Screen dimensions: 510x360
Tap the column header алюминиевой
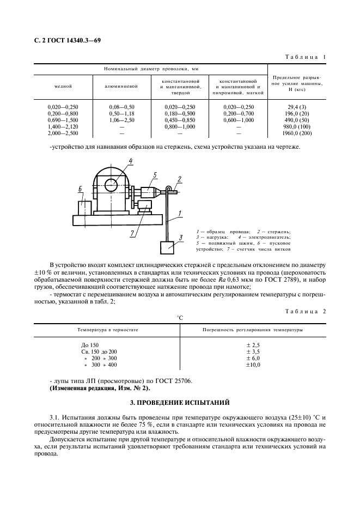pyautogui.click(x=121, y=86)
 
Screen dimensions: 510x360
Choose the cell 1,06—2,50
pyautogui.click(x=121, y=120)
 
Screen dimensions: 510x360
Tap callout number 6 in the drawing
pyautogui.click(x=80, y=189)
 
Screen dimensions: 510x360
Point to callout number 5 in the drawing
pyautogui.click(x=155, y=175)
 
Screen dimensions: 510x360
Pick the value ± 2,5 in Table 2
pyautogui.click(x=253, y=345)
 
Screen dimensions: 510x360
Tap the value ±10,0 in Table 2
pyautogui.click(x=253, y=365)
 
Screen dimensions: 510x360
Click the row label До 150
pyautogui.click(x=89, y=345)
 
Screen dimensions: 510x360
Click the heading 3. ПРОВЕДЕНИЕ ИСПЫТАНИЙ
pyautogui.click(x=179, y=402)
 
